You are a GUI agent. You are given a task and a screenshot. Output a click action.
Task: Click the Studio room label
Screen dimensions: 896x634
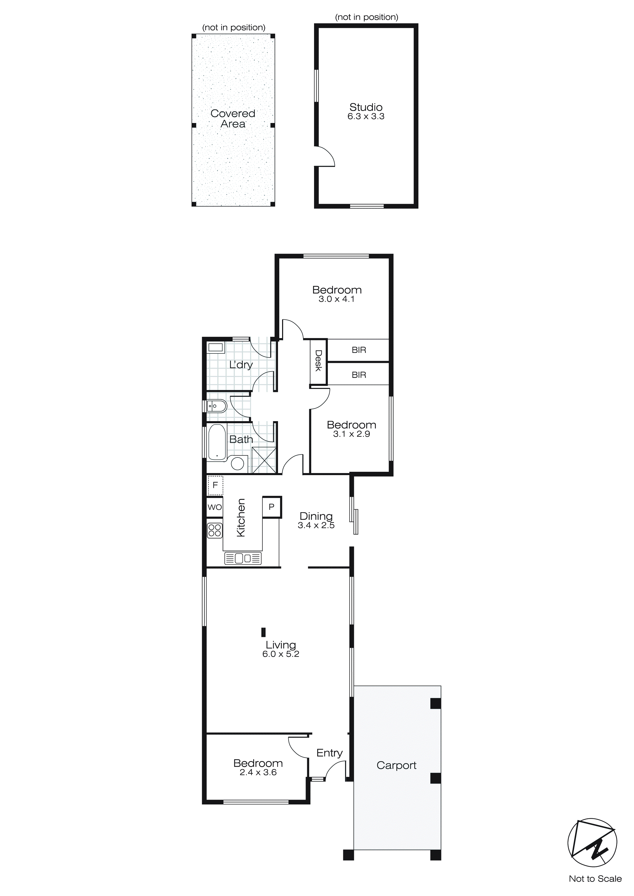pyautogui.click(x=366, y=107)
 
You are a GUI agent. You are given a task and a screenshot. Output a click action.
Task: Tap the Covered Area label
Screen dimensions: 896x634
pyautogui.click(x=233, y=119)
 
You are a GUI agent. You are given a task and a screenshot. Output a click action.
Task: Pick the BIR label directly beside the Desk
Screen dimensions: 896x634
pyautogui.click(x=359, y=350)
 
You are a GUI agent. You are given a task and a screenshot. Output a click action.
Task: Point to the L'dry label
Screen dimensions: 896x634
pyautogui.click(x=241, y=365)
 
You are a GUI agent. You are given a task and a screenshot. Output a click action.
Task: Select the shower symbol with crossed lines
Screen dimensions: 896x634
pyautogui.click(x=264, y=461)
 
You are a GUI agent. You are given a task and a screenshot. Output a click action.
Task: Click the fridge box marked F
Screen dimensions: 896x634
pyautogui.click(x=215, y=486)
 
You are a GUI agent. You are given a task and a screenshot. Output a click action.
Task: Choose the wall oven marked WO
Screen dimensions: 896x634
pyautogui.click(x=215, y=507)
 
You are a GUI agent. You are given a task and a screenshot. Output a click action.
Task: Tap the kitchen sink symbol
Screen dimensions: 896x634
pyautogui.click(x=243, y=558)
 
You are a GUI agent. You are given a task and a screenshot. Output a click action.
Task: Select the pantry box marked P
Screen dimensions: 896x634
pyautogui.click(x=272, y=507)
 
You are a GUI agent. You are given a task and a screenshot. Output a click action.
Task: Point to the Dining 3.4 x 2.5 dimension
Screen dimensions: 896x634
pyautogui.click(x=316, y=525)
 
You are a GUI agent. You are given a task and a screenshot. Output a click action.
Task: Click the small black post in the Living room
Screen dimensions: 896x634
pyautogui.click(x=263, y=632)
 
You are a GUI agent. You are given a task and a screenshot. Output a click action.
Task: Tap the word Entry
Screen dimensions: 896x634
pyautogui.click(x=329, y=753)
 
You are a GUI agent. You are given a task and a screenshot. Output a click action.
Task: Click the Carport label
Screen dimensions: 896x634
pyautogui.click(x=396, y=765)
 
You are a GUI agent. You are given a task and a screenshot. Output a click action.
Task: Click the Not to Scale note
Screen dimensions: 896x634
pyautogui.click(x=595, y=878)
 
